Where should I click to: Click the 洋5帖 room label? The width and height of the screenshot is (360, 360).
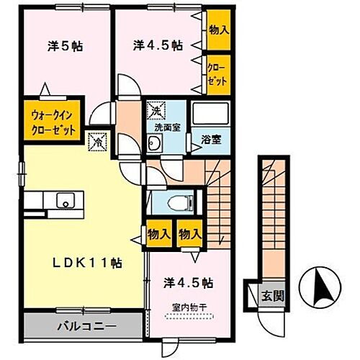click(x=66, y=47)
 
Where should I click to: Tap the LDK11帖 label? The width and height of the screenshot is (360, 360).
click(x=79, y=263)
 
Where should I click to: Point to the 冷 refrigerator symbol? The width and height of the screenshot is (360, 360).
click(x=95, y=142)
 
